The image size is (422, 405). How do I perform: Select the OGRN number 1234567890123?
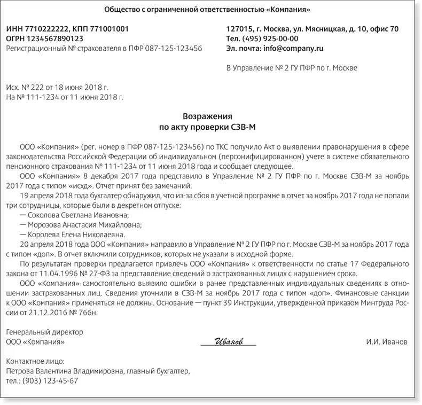(53, 38)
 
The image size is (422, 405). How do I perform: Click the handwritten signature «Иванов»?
(229, 341)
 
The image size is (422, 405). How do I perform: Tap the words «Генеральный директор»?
(44, 332)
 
